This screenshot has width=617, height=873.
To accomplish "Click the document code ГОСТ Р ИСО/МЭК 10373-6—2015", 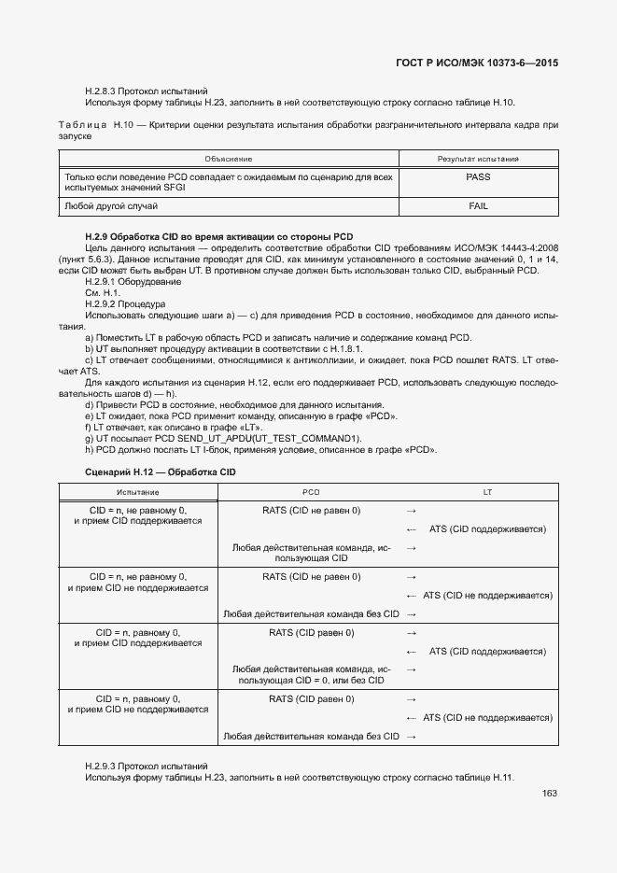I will (x=479, y=63).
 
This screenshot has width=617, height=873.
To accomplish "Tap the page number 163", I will (x=549, y=794).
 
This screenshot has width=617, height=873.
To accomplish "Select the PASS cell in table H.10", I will (x=477, y=176).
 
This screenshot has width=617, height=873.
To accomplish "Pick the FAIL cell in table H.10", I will (x=477, y=205).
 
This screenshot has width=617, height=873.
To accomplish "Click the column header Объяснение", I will (x=229, y=159).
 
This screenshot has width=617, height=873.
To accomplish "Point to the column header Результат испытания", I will (x=477, y=159).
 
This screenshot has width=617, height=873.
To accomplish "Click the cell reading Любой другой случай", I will (x=111, y=205).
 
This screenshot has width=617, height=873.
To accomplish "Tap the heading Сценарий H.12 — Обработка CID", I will (x=161, y=472).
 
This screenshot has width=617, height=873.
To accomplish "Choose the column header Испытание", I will (x=138, y=491).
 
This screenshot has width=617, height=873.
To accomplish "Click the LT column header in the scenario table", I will (x=487, y=491).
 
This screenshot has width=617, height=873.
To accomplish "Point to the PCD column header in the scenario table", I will (x=311, y=491).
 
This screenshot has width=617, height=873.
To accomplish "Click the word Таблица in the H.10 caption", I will (x=82, y=124).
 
